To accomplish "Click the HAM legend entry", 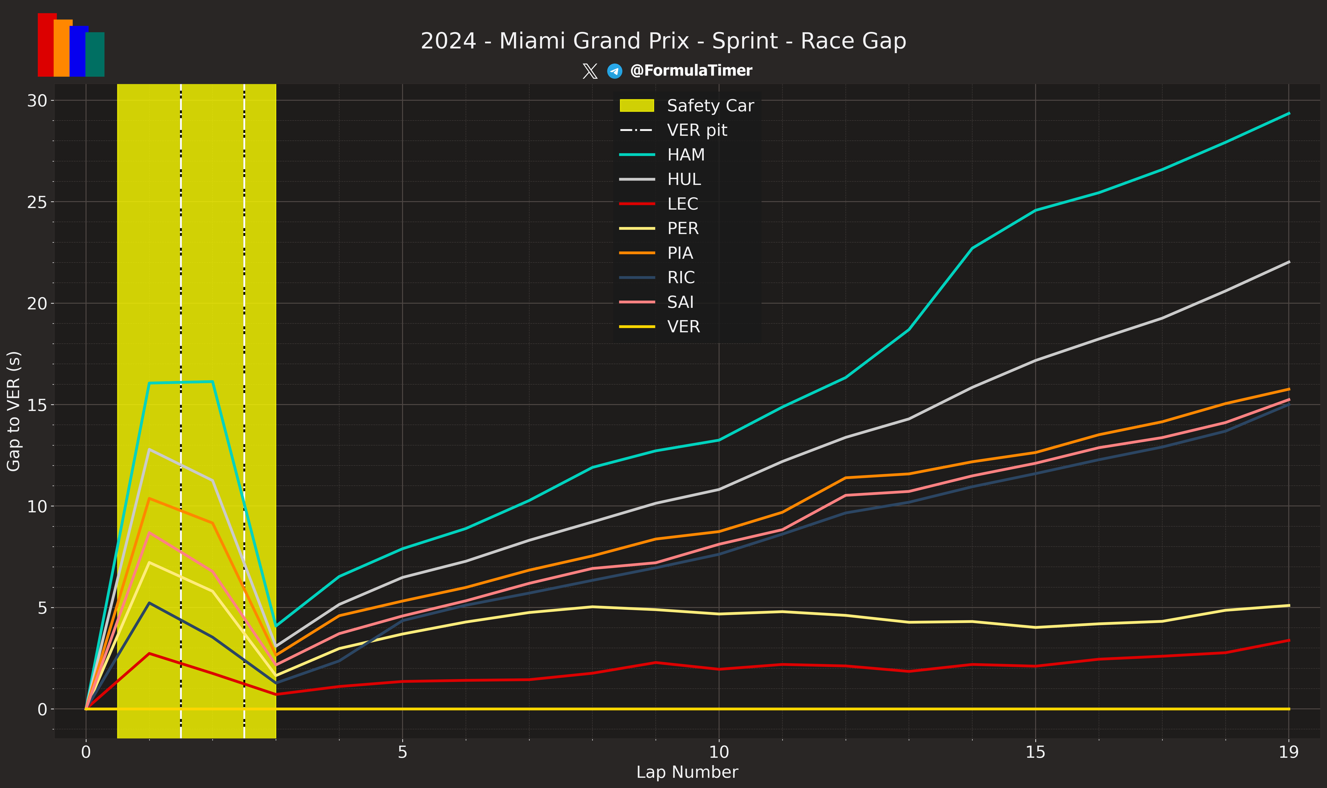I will pyautogui.click(x=686, y=155).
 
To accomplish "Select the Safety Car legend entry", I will pyautogui.click(x=710, y=106).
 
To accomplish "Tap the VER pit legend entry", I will pyautogui.click(x=697, y=130).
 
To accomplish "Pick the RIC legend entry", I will pyautogui.click(x=680, y=277).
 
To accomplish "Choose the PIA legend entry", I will pyautogui.click(x=680, y=253).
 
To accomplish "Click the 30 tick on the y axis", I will pyautogui.click(x=37, y=100).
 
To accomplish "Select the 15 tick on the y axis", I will pyautogui.click(x=37, y=405).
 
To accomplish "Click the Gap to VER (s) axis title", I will pyautogui.click(x=13, y=411).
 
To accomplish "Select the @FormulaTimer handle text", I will pyautogui.click(x=691, y=71).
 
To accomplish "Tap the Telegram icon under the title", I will pyautogui.click(x=615, y=71).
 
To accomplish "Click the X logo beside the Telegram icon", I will pyautogui.click(x=590, y=71).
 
